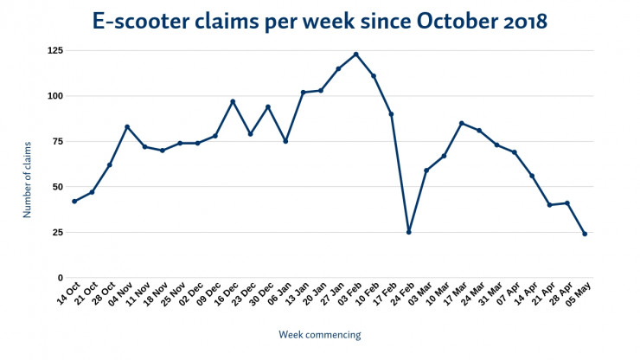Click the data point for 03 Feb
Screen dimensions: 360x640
click(356, 54)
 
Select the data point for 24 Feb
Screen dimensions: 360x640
click(409, 232)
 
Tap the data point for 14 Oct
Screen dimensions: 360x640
click(74, 202)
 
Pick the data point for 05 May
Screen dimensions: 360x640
click(586, 234)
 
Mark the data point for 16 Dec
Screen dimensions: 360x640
click(233, 101)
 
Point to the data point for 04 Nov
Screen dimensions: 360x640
click(127, 126)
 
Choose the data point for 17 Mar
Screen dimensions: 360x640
click(462, 123)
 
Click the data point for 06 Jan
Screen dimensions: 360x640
click(285, 141)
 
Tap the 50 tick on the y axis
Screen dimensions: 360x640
click(58, 187)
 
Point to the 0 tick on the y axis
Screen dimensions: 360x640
click(61, 278)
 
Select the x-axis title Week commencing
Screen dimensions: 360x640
click(319, 335)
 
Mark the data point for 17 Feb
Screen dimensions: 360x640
click(392, 113)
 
